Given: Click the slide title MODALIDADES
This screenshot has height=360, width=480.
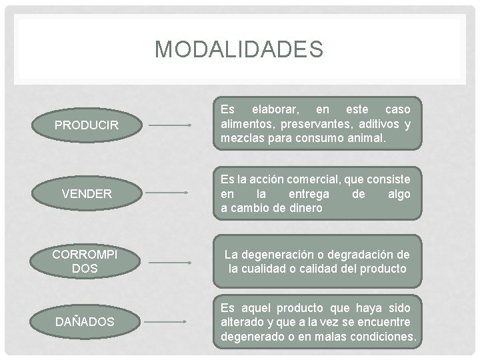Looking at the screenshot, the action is pos(239,49).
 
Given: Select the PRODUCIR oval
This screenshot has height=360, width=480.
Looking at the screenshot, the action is pos(86,125).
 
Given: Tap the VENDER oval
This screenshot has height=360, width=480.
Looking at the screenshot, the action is pos(86,193).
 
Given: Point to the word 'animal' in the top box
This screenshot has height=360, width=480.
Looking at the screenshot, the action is pos(364,139).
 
